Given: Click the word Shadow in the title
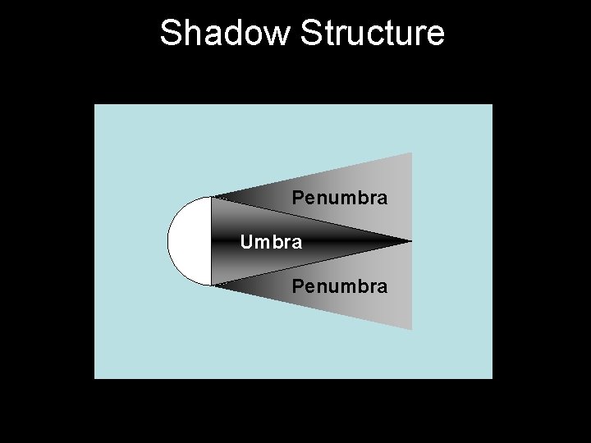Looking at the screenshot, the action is pyautogui.click(x=226, y=34).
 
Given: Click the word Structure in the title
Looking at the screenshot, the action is pyautogui.click(x=373, y=34).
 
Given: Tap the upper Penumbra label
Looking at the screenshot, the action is pyautogui.click(x=340, y=199).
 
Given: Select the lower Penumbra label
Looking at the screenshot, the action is pyautogui.click(x=340, y=286).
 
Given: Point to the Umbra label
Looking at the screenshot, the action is pyautogui.click(x=271, y=242).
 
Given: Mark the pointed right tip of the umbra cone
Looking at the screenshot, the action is pyautogui.click(x=410, y=241).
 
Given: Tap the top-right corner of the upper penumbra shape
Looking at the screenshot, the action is pyautogui.click(x=410, y=153).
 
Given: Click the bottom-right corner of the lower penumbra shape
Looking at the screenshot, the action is pyautogui.click(x=410, y=329).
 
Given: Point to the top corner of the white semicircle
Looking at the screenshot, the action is pyautogui.click(x=211, y=197).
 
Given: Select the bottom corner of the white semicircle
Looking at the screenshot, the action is pyautogui.click(x=211, y=285).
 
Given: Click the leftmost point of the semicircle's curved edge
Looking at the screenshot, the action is pyautogui.click(x=168, y=241).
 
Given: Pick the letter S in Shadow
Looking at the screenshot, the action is pyautogui.click(x=170, y=34).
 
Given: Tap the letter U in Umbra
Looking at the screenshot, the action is pyautogui.click(x=245, y=242).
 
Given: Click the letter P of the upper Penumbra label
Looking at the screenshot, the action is pyautogui.click(x=298, y=199).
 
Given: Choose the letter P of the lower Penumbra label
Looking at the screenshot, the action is pyautogui.click(x=298, y=286).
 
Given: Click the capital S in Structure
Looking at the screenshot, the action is pyautogui.click(x=311, y=34).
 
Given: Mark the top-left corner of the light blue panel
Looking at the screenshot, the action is pyautogui.click(x=95, y=105).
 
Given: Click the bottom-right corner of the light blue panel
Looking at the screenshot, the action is pyautogui.click(x=492, y=377).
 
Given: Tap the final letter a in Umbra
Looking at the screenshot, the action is pyautogui.click(x=297, y=243).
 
